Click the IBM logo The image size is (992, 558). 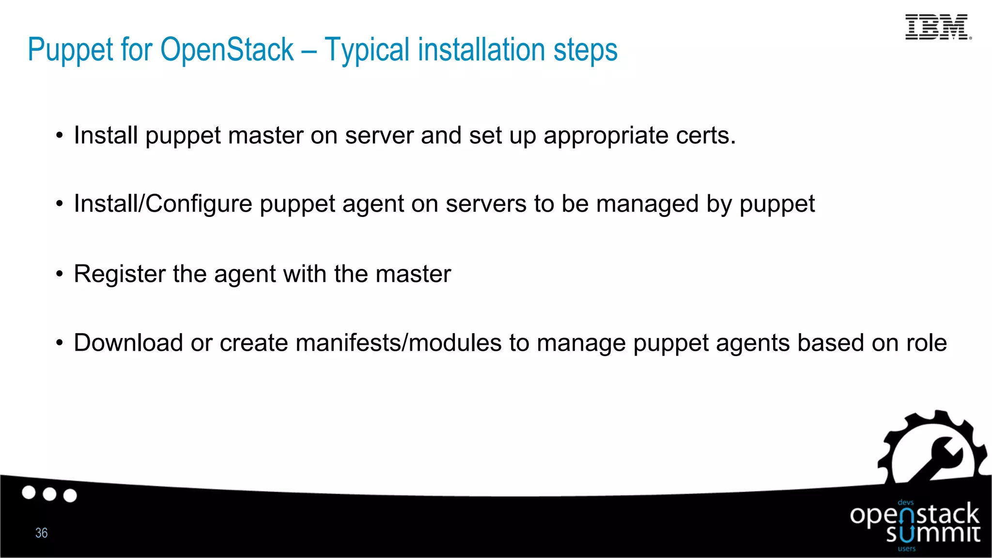pos(937,27)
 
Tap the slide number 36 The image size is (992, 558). pos(42,533)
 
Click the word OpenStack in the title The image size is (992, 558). pos(227,49)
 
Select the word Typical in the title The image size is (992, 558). pos(367,50)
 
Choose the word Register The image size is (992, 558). pos(120,274)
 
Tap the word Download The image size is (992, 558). pos(128,343)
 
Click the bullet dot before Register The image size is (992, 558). pos(60,274)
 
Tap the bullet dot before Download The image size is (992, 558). pos(60,343)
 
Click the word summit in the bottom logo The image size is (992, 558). pos(933,534)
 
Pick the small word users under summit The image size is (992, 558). pos(907,549)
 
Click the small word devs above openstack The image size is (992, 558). pos(905,502)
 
